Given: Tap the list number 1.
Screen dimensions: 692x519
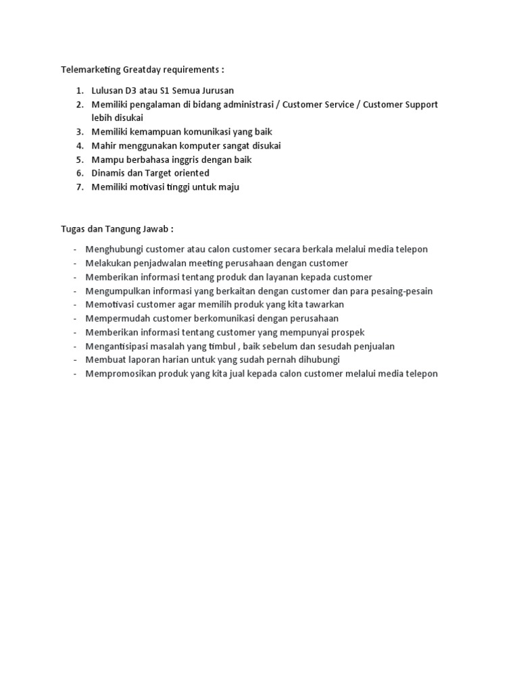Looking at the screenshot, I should coord(79,91).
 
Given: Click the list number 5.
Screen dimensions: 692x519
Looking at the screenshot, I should coord(79,159).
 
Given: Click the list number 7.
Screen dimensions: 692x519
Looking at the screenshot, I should coord(79,187).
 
